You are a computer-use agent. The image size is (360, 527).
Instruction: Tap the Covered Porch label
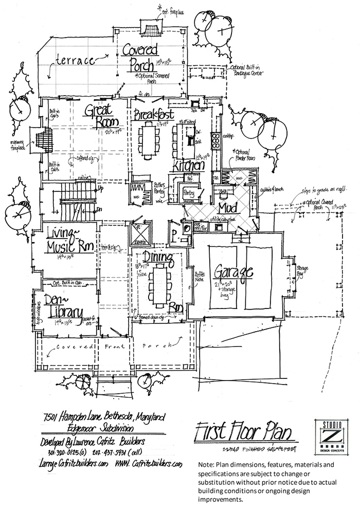(x=140, y=58)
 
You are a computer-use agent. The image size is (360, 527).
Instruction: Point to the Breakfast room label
(x=153, y=114)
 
